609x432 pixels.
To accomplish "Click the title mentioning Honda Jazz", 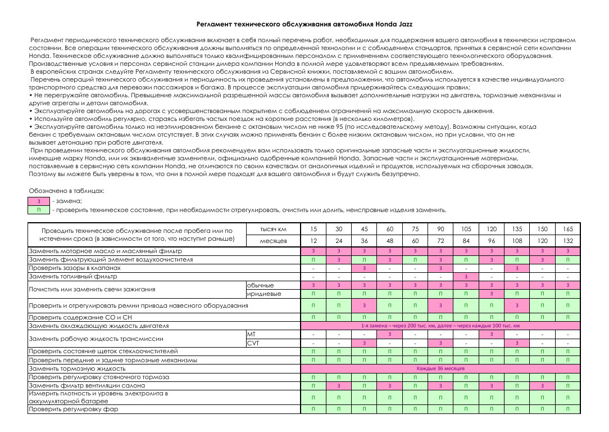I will pyautogui.click(x=304, y=25).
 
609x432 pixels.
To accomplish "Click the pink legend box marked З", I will pyautogui.click(x=39, y=201).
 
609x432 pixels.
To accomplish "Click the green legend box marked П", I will pyautogui.click(x=39, y=210).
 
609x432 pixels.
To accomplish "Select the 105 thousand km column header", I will pyautogui.click(x=466, y=229).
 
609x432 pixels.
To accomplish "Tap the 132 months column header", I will pyautogui.click(x=568, y=241).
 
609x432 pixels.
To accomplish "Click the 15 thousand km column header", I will pyautogui.click(x=314, y=229).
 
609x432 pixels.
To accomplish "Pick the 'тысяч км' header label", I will pyautogui.click(x=274, y=229).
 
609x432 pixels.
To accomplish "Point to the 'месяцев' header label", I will pyautogui.click(x=274, y=241).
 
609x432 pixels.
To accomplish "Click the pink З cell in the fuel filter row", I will pyautogui.click(x=466, y=277).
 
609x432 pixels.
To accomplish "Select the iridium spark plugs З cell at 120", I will pyautogui.click(x=492, y=294).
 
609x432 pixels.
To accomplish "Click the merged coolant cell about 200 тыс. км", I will pyautogui.click(x=440, y=326).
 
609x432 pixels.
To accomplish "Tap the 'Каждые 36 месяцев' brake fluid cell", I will pyautogui.click(x=440, y=368).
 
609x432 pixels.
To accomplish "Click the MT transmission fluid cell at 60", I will pyautogui.click(x=390, y=334).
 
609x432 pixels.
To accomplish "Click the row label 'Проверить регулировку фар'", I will pyautogui.click(x=74, y=409).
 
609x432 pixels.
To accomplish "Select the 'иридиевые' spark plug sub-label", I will pyautogui.click(x=264, y=294).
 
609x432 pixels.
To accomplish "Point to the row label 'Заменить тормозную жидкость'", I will pyautogui.click(x=77, y=368).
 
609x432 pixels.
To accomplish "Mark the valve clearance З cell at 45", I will pyautogui.click(x=365, y=268).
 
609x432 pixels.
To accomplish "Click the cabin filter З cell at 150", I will pyautogui.click(x=542, y=386).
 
